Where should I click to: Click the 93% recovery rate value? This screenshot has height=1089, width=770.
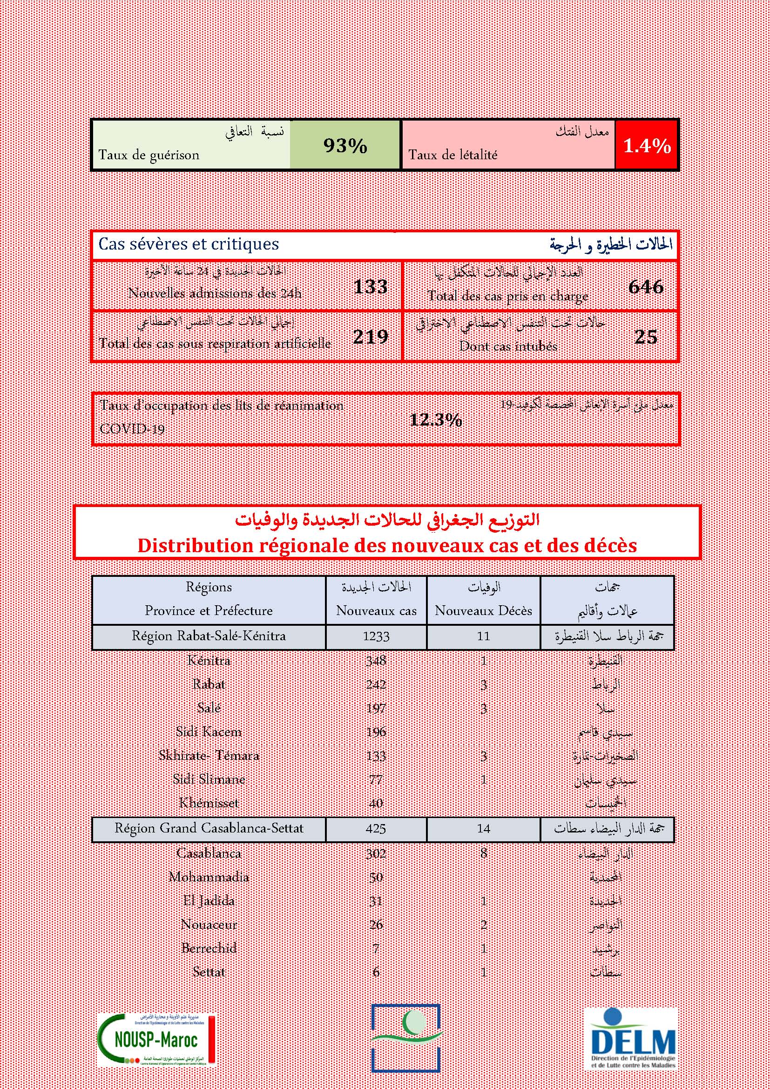pyautogui.click(x=345, y=146)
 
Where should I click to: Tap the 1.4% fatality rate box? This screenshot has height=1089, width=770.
pyautogui.click(x=647, y=146)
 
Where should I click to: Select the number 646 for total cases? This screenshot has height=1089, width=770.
pyautogui.click(x=646, y=287)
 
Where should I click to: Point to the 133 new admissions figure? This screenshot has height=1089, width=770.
pyautogui.click(x=370, y=286)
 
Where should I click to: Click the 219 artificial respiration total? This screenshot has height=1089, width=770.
pyautogui.click(x=370, y=337)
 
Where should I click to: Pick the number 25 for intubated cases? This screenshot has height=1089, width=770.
pyautogui.click(x=646, y=337)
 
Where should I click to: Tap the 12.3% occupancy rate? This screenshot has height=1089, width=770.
pyautogui.click(x=436, y=420)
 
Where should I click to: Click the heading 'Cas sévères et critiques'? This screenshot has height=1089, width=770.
pyautogui.click(x=189, y=244)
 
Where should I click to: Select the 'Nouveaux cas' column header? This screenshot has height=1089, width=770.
pyautogui.click(x=376, y=610)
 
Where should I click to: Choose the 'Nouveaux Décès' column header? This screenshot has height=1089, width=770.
pyautogui.click(x=483, y=610)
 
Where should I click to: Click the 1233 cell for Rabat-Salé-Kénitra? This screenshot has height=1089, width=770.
pyautogui.click(x=376, y=636)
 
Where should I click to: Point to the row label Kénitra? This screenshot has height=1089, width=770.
pyautogui.click(x=209, y=660)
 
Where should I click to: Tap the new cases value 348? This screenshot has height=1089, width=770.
pyautogui.click(x=376, y=660)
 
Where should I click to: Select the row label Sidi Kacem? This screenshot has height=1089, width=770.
pyautogui.click(x=209, y=731)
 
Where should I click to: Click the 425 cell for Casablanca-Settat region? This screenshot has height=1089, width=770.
pyautogui.click(x=376, y=829)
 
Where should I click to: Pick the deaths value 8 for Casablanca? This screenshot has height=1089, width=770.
pyautogui.click(x=483, y=853)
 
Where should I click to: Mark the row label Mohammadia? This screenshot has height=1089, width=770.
pyautogui.click(x=209, y=877)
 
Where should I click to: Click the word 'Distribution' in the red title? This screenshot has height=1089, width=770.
pyautogui.click(x=196, y=546)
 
